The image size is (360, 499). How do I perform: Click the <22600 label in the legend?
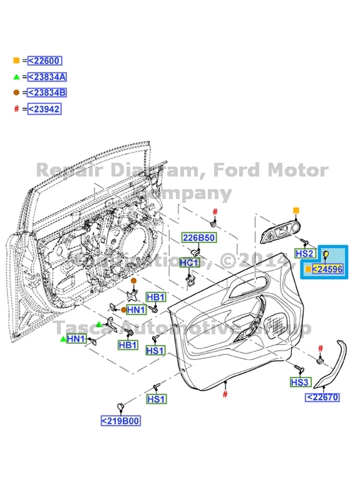(x=44, y=61)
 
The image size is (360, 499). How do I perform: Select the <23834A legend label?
(x=47, y=77)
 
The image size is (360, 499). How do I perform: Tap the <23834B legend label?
(x=47, y=93)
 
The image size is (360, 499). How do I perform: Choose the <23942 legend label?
(x=44, y=109)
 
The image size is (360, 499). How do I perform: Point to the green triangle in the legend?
(x=16, y=77)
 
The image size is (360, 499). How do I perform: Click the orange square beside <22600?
(x=16, y=61)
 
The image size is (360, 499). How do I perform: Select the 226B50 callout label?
(x=198, y=238)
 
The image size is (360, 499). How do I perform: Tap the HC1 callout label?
(x=189, y=263)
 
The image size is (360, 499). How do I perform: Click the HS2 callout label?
(x=304, y=254)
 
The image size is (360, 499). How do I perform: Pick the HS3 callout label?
(x=300, y=382)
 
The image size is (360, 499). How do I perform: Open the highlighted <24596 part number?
(x=327, y=269)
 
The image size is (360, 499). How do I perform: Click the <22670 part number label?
(x=322, y=397)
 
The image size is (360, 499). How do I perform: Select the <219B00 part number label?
(x=120, y=421)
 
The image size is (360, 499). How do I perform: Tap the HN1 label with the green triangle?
(x=76, y=339)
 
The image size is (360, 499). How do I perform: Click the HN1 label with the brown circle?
(x=136, y=310)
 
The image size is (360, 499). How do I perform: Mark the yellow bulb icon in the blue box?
(x=326, y=254)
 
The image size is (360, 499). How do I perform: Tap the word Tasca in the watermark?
(x=83, y=327)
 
